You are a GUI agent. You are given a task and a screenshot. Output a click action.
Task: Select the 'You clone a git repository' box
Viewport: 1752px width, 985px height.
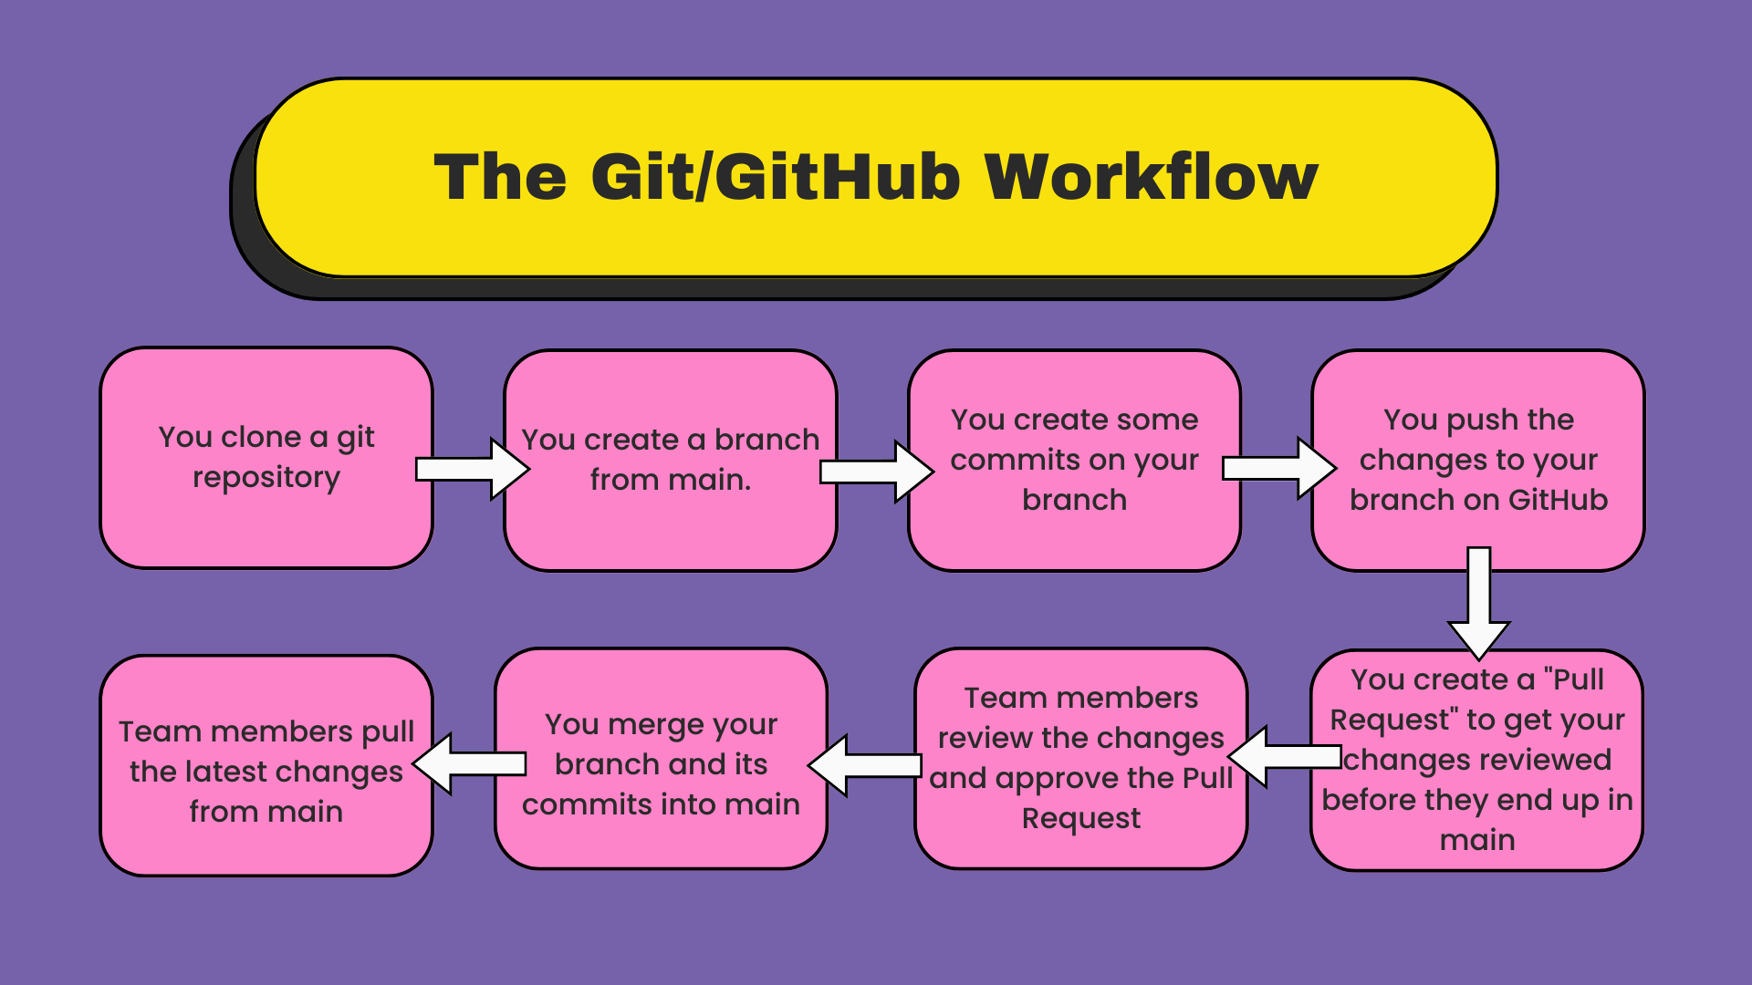(266, 458)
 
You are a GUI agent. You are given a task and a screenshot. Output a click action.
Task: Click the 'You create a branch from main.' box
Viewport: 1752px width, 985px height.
(671, 461)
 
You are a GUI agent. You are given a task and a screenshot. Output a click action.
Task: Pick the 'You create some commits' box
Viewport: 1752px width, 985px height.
(1075, 461)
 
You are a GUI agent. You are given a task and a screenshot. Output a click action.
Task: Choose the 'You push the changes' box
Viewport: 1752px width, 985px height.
(1478, 461)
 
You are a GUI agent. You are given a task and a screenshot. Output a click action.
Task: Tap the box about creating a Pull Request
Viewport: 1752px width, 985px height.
(1477, 760)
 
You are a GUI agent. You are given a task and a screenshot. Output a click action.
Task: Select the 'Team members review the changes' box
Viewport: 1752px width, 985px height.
(1081, 759)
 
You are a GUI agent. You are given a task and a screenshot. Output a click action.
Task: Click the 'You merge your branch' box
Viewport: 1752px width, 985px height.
(662, 759)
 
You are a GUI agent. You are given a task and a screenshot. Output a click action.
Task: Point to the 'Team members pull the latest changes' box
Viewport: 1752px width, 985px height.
(266, 766)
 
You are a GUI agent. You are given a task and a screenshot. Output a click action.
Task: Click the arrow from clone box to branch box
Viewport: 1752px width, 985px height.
(473, 469)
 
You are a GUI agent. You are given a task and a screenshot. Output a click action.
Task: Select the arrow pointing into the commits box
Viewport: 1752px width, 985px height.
(877, 471)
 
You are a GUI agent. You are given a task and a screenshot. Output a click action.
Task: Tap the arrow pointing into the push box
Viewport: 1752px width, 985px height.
(1279, 468)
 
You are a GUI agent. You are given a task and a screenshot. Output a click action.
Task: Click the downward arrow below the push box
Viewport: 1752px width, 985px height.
(1479, 604)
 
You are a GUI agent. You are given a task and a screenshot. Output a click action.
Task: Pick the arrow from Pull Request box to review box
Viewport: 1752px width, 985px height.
(1285, 757)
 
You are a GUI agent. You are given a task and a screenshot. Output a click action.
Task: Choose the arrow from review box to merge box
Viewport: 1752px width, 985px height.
(865, 765)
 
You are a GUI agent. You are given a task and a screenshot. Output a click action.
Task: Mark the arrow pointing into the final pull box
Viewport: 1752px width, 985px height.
(470, 763)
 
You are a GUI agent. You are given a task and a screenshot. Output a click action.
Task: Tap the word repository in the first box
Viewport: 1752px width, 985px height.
(266, 478)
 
